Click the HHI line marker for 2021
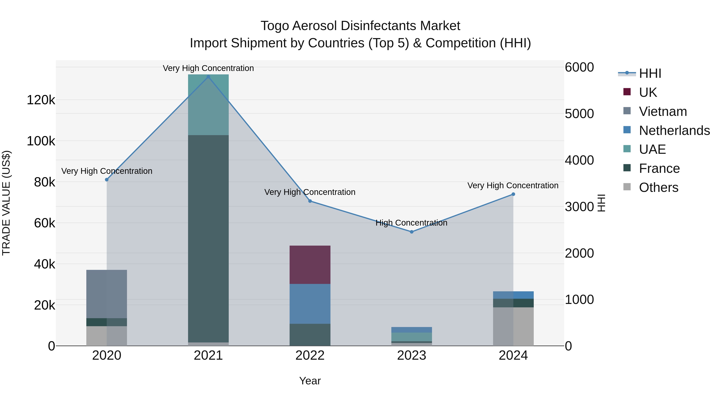click(208, 77)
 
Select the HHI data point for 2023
click(411, 232)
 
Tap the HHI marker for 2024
click(513, 194)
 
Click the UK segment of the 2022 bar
click(310, 265)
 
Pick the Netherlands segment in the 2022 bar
click(310, 304)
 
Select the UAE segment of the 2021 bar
click(208, 105)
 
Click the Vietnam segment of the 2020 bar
click(107, 294)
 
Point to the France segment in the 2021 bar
click(208, 238)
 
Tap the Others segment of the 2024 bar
click(513, 326)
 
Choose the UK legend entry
click(648, 92)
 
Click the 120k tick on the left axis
click(41, 100)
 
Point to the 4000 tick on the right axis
click(579, 160)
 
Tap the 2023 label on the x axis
click(411, 355)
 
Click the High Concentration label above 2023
click(411, 223)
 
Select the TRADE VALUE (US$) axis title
click(6, 203)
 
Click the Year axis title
click(310, 381)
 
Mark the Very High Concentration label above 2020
click(107, 171)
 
